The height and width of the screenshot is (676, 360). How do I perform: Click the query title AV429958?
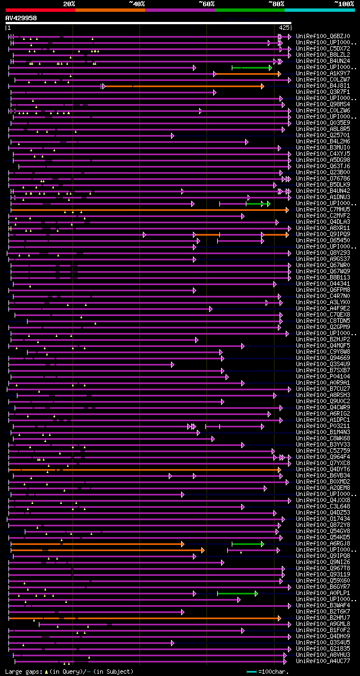click(x=21, y=18)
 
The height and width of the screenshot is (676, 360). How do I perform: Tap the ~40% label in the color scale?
click(x=137, y=4)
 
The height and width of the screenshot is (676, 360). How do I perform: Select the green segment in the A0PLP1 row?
click(x=237, y=593)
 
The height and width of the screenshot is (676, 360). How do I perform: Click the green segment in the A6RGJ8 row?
click(x=247, y=544)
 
